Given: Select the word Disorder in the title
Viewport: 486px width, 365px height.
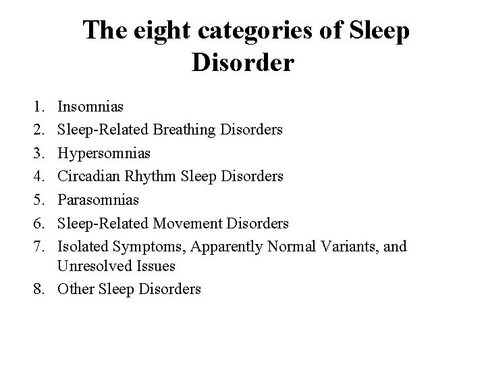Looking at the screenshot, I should [243, 63].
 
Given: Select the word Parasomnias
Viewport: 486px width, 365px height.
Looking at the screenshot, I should [99, 199].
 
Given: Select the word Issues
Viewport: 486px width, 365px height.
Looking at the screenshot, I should [151, 266].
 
